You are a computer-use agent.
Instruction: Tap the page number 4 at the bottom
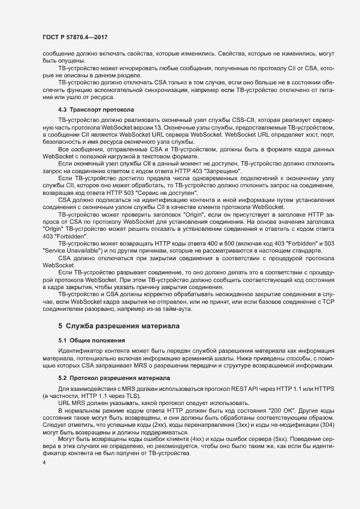pyautogui.click(x=43, y=463)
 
